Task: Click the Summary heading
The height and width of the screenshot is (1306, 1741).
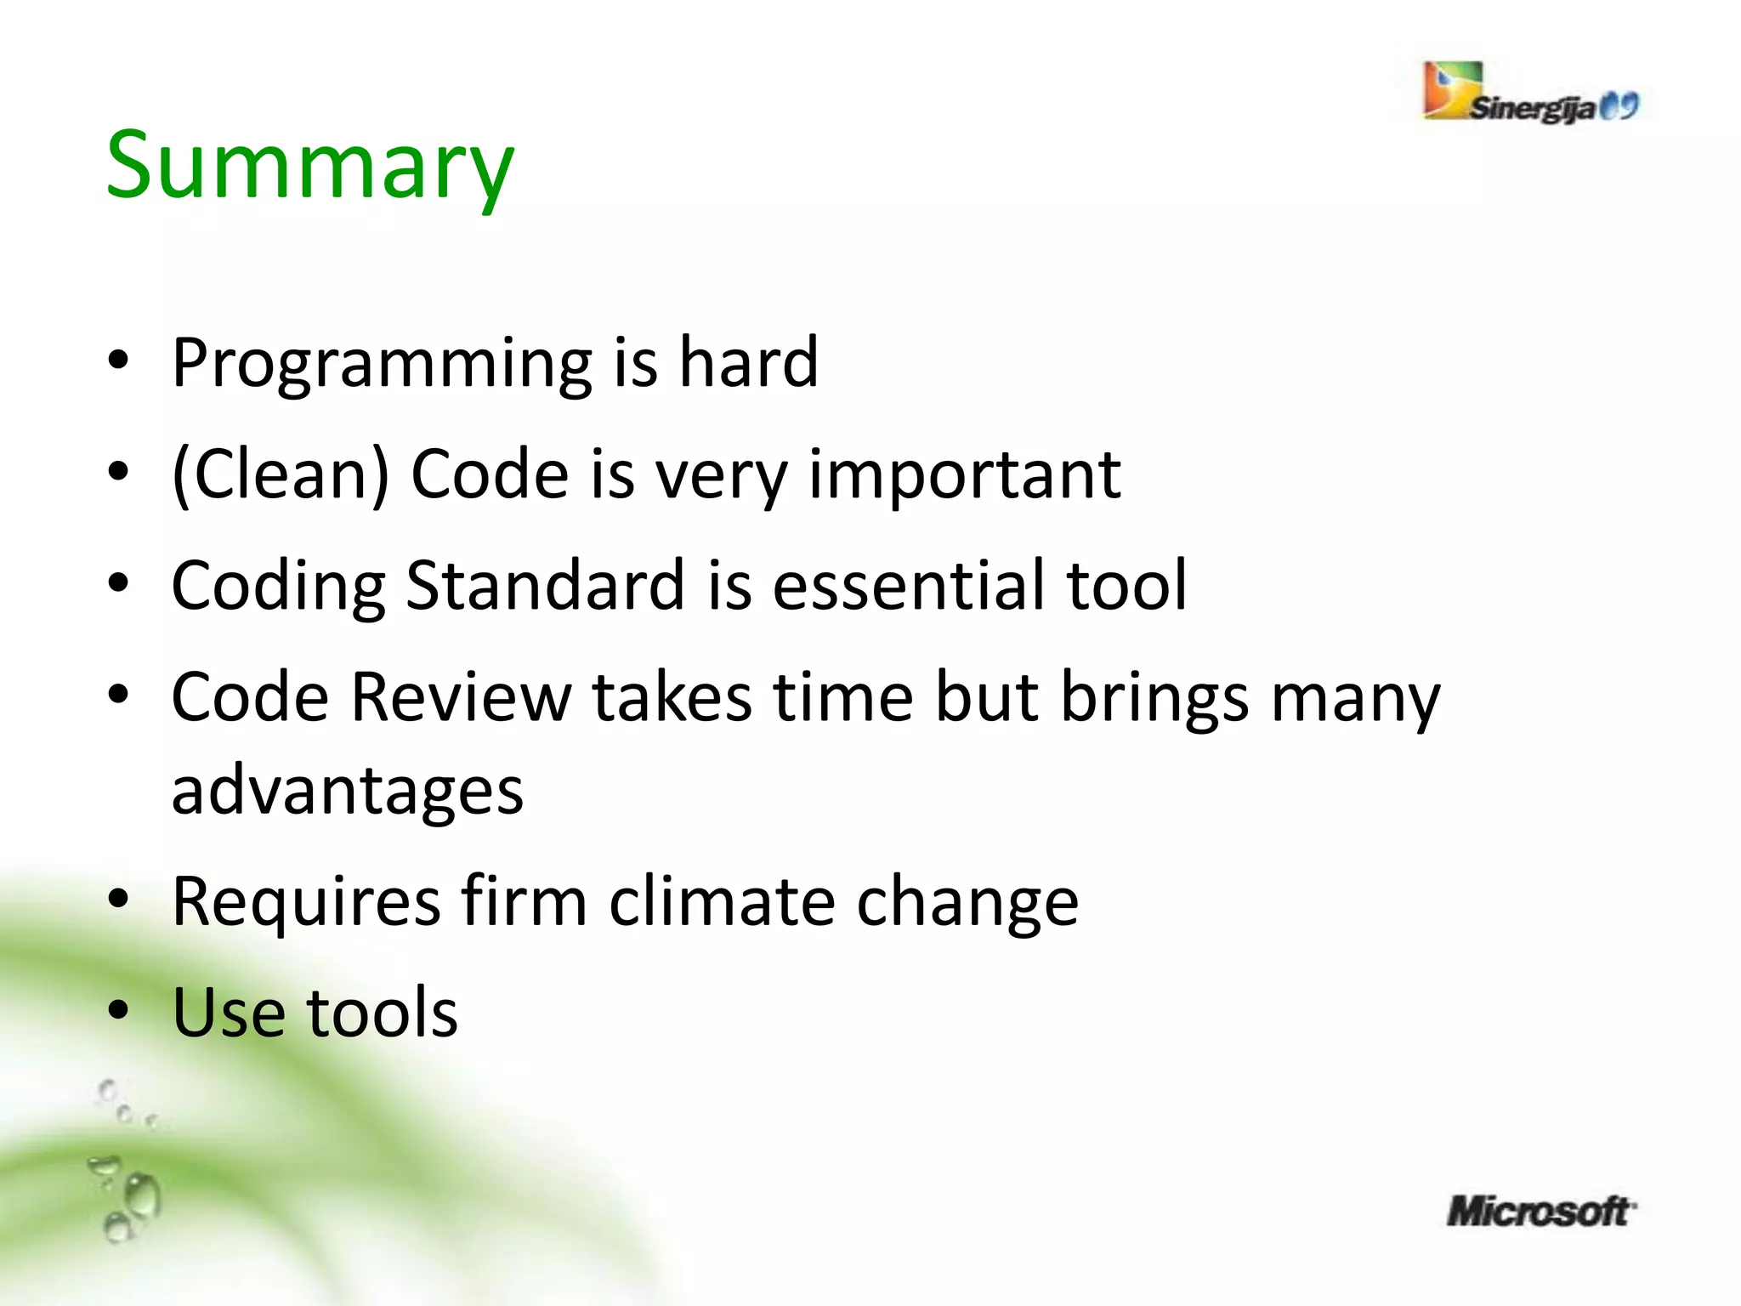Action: (309, 166)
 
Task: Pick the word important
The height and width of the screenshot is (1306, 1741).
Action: (964, 476)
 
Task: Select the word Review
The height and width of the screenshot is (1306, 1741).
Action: (462, 697)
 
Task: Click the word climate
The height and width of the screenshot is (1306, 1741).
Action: (722, 901)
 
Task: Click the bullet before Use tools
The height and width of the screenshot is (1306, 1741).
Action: (118, 1011)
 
